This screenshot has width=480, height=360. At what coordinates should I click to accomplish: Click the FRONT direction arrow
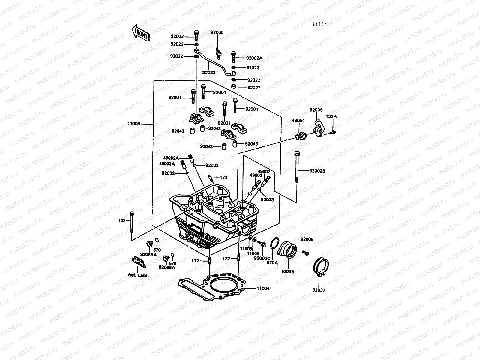click(x=140, y=32)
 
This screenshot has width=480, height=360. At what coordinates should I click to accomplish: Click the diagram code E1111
click(x=319, y=25)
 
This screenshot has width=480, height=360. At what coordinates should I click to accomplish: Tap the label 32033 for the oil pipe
click(x=209, y=73)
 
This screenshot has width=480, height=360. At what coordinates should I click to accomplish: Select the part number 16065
click(x=288, y=271)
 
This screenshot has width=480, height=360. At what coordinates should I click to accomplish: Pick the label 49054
click(x=298, y=121)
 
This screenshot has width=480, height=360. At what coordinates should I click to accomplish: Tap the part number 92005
click(x=316, y=110)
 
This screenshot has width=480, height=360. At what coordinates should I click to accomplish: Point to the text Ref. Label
click(x=139, y=275)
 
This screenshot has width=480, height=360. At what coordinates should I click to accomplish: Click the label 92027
click(x=254, y=88)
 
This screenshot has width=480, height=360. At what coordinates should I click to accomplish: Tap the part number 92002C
click(x=262, y=258)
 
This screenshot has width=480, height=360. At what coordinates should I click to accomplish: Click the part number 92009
click(x=307, y=239)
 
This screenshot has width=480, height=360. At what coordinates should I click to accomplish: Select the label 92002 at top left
click(x=177, y=37)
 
